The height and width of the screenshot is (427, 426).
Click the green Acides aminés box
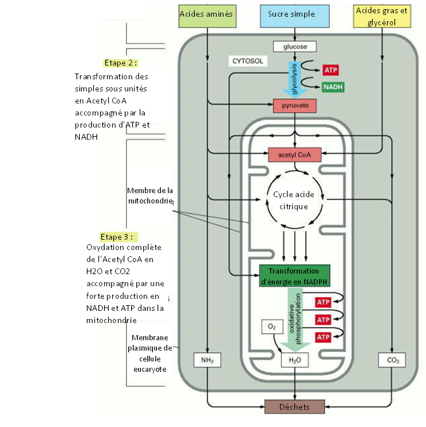[206, 14]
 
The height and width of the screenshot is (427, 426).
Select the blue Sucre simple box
[295, 14]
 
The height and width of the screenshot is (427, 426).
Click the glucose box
[295, 47]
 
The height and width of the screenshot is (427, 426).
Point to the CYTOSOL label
[248, 60]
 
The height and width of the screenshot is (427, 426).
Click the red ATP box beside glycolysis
[331, 70]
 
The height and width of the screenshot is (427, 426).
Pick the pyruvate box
[295, 106]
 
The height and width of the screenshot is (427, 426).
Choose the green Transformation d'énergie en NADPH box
[294, 275]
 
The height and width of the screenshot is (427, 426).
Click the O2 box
[271, 326]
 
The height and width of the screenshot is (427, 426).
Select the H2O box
[295, 361]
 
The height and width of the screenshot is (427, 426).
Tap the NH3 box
[207, 361]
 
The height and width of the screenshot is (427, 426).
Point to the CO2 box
[392, 361]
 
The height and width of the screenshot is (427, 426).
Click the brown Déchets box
[295, 406]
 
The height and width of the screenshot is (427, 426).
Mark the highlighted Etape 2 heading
[121, 63]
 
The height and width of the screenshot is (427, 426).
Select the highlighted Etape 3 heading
[118, 236]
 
